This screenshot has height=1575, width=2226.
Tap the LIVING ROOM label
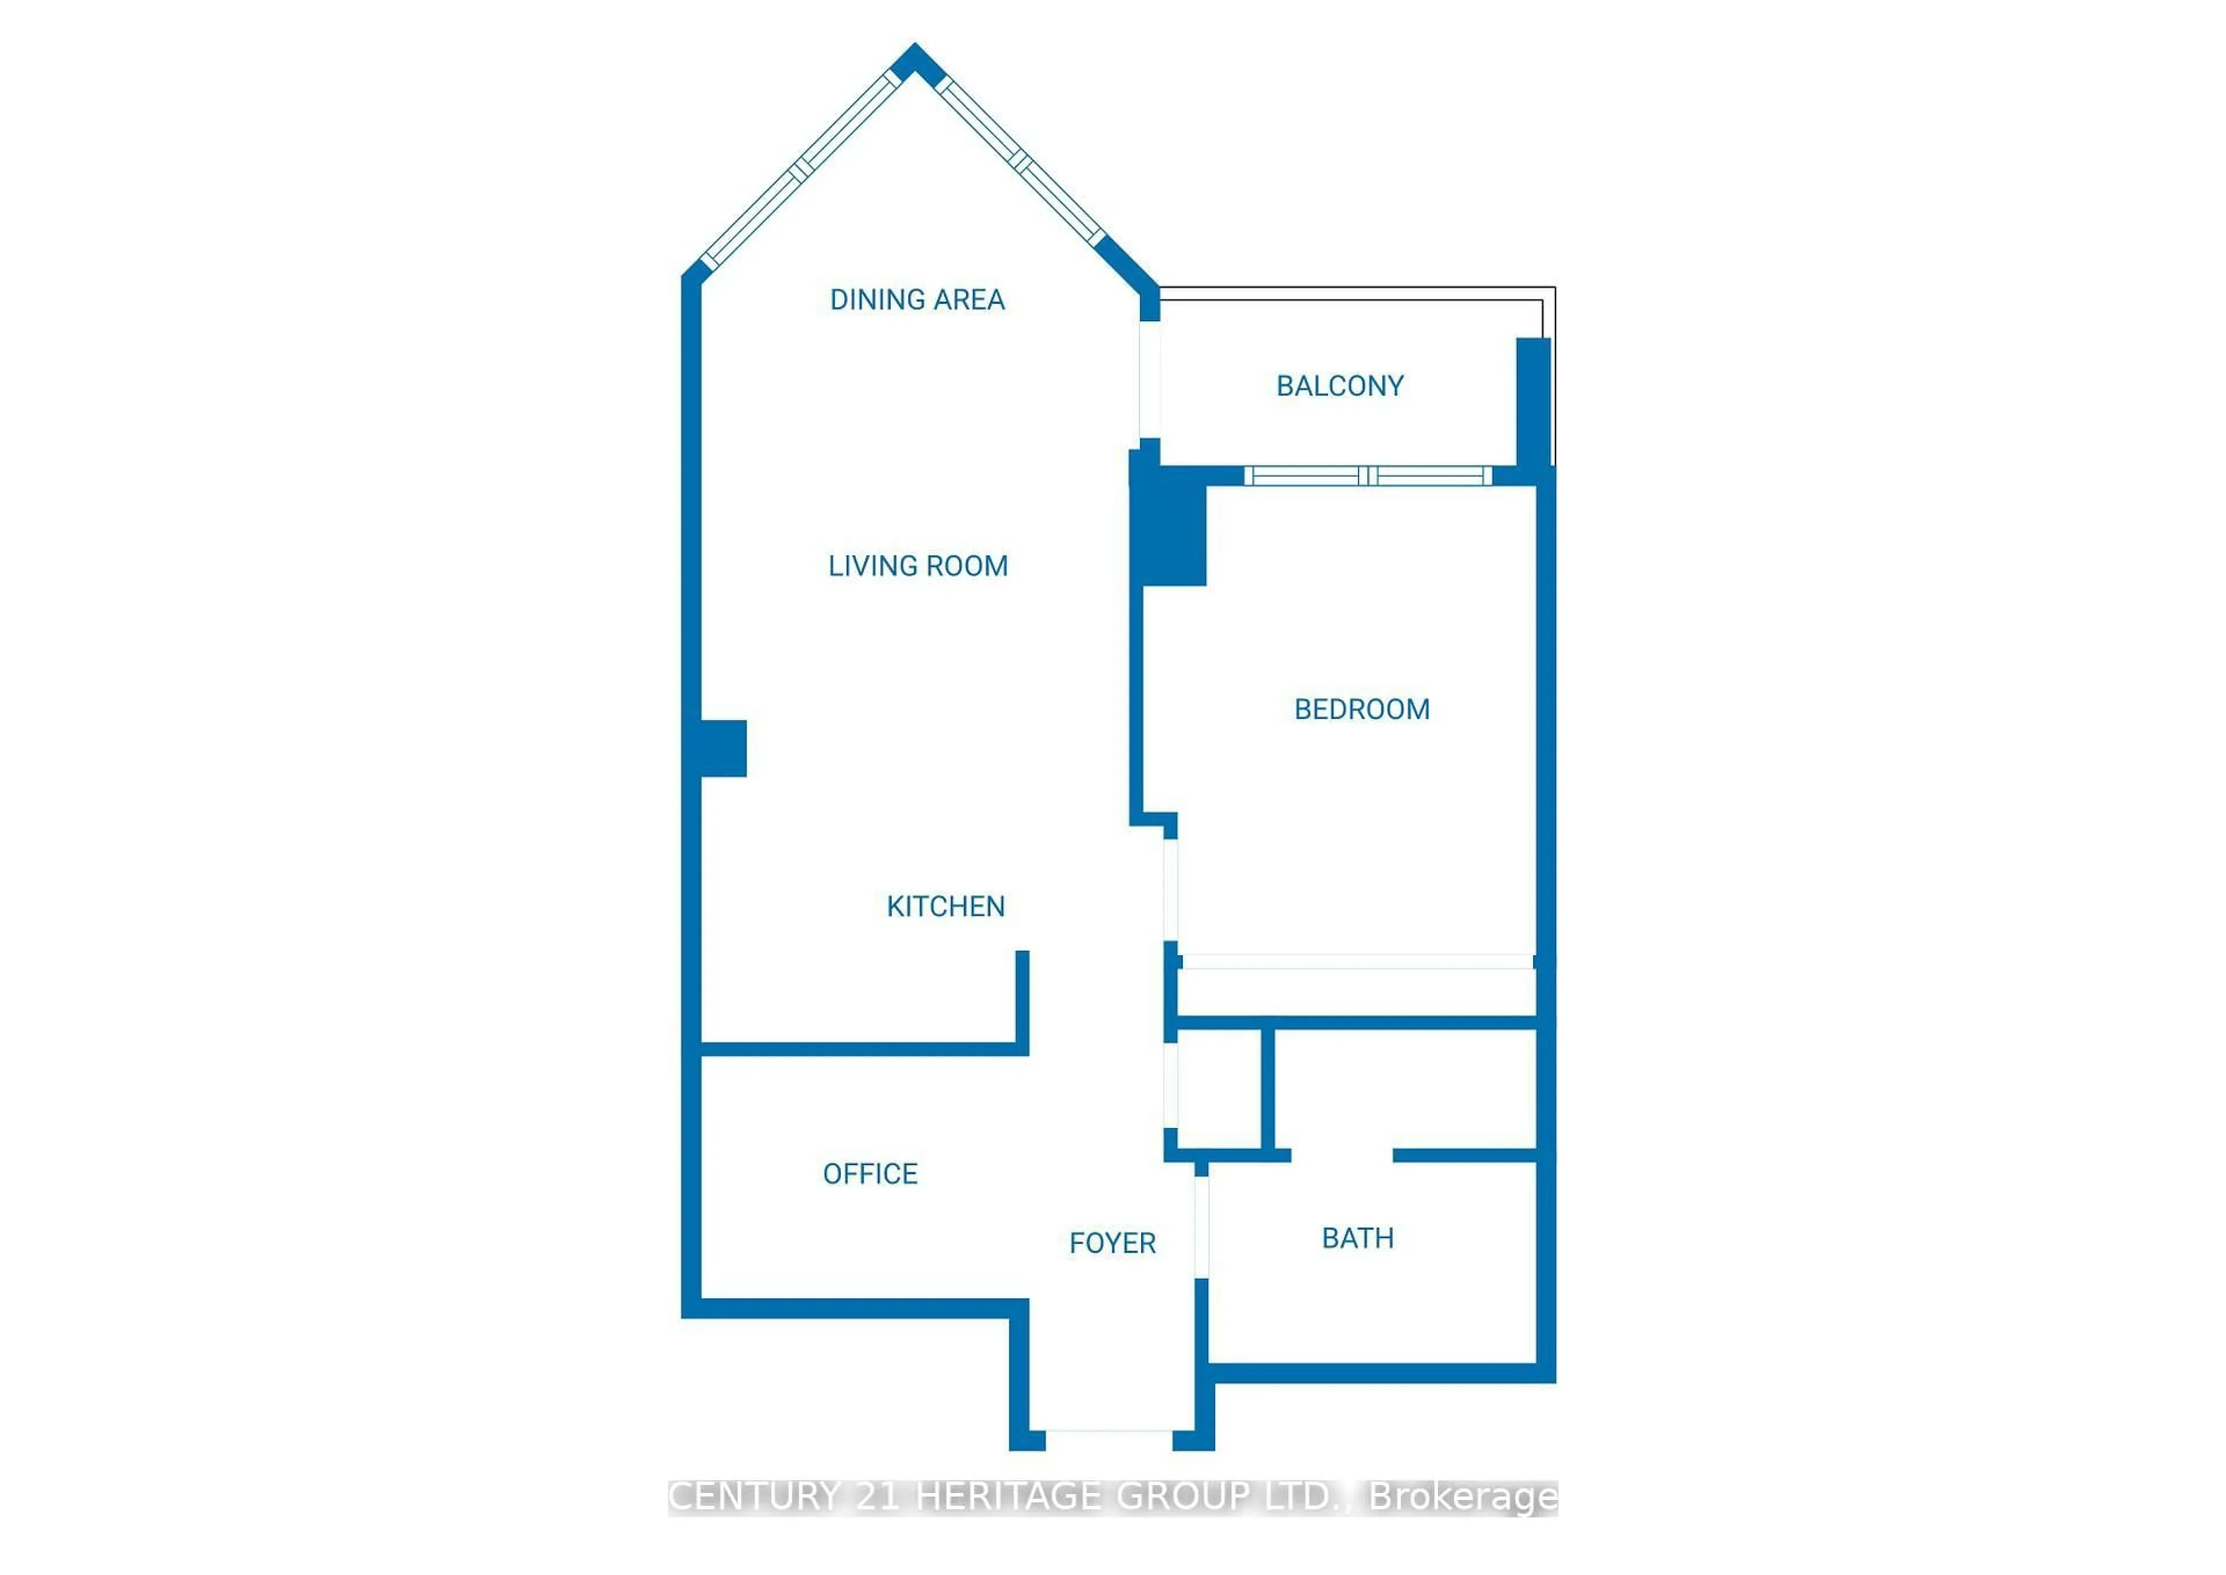(918, 566)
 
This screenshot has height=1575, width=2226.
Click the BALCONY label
(1340, 386)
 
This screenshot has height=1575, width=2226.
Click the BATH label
(1357, 1238)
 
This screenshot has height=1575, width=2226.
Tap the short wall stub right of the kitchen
(1021, 1001)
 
